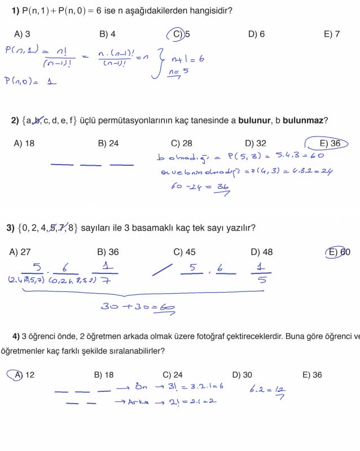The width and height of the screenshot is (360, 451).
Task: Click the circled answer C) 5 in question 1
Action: (x=180, y=34)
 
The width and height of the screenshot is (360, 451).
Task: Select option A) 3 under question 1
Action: (x=22, y=34)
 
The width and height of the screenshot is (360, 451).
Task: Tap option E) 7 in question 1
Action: (x=332, y=34)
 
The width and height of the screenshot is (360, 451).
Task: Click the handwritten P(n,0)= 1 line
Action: (x=31, y=81)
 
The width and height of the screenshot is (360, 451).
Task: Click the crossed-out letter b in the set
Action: (x=38, y=120)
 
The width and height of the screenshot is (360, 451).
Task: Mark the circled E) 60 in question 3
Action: (x=339, y=252)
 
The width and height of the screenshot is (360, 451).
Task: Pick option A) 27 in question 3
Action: (x=20, y=252)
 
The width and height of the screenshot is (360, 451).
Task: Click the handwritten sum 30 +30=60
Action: (x=137, y=307)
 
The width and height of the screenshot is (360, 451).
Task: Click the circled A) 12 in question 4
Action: (x=22, y=375)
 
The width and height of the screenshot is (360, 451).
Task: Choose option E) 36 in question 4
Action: (x=312, y=375)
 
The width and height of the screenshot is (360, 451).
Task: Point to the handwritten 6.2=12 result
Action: (x=267, y=389)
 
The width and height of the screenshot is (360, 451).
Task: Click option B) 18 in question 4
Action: (x=103, y=375)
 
